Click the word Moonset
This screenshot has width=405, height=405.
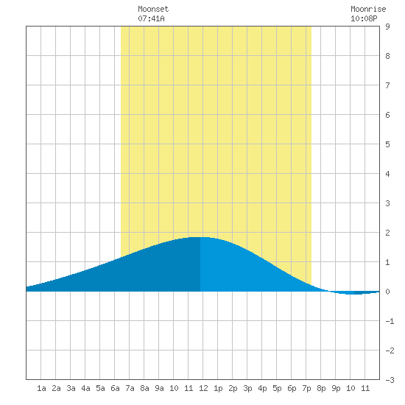[x=153, y=9]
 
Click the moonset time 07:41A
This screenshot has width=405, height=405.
[x=151, y=18]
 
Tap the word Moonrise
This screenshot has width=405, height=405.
[x=368, y=9]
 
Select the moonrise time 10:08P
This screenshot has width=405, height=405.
[x=364, y=18]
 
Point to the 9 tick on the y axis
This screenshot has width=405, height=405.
[x=387, y=27]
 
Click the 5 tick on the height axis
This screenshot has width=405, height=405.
[x=387, y=144]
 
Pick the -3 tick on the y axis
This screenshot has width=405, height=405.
[x=390, y=380]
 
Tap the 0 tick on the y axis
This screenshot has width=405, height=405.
[x=387, y=292]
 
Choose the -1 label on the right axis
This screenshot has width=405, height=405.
[x=390, y=321]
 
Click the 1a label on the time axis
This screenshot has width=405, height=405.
[x=41, y=388]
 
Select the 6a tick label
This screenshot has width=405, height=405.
[x=115, y=388]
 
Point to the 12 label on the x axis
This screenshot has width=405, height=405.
[x=203, y=388]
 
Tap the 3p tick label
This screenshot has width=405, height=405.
[x=247, y=388]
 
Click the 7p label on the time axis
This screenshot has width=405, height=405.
[x=306, y=388]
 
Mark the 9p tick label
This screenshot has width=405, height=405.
[x=336, y=388]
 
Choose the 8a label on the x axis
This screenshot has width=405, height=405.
[x=144, y=388]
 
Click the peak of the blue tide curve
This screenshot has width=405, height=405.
[x=200, y=237]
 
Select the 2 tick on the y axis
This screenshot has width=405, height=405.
[x=387, y=233]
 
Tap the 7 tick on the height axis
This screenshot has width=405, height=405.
[x=387, y=85]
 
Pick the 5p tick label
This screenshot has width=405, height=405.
[x=277, y=388]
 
